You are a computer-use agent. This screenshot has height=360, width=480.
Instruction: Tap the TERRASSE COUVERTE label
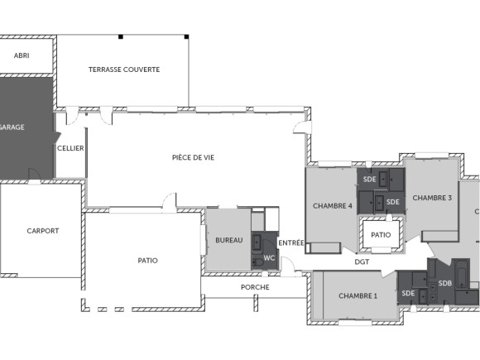[x=124, y=70]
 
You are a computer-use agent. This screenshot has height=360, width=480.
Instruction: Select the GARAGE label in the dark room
[x=12, y=127]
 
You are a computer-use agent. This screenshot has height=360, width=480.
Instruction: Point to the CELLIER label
[x=70, y=148]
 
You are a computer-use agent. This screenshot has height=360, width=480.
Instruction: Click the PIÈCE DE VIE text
[x=193, y=157]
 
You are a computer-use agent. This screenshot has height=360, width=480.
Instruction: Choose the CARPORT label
[x=42, y=231]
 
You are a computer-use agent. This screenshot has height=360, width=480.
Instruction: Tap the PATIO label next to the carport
[x=148, y=260]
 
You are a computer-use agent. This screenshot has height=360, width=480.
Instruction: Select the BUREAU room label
[x=229, y=240]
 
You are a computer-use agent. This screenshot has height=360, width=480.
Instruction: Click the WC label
[x=269, y=258]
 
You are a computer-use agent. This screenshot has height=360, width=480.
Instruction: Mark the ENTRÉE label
[x=290, y=242]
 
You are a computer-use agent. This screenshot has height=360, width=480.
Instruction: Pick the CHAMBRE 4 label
[x=333, y=206]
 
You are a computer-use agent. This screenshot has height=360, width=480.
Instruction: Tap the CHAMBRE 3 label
[x=432, y=198]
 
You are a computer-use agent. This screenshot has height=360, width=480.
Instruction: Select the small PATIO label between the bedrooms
[x=381, y=235]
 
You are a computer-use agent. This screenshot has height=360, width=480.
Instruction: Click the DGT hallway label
[x=362, y=262]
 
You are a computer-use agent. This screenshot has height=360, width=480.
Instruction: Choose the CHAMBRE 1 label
[x=358, y=296]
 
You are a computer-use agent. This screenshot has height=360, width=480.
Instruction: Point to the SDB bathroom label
[x=445, y=283]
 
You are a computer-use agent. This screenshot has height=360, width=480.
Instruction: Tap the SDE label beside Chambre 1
[x=408, y=293]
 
